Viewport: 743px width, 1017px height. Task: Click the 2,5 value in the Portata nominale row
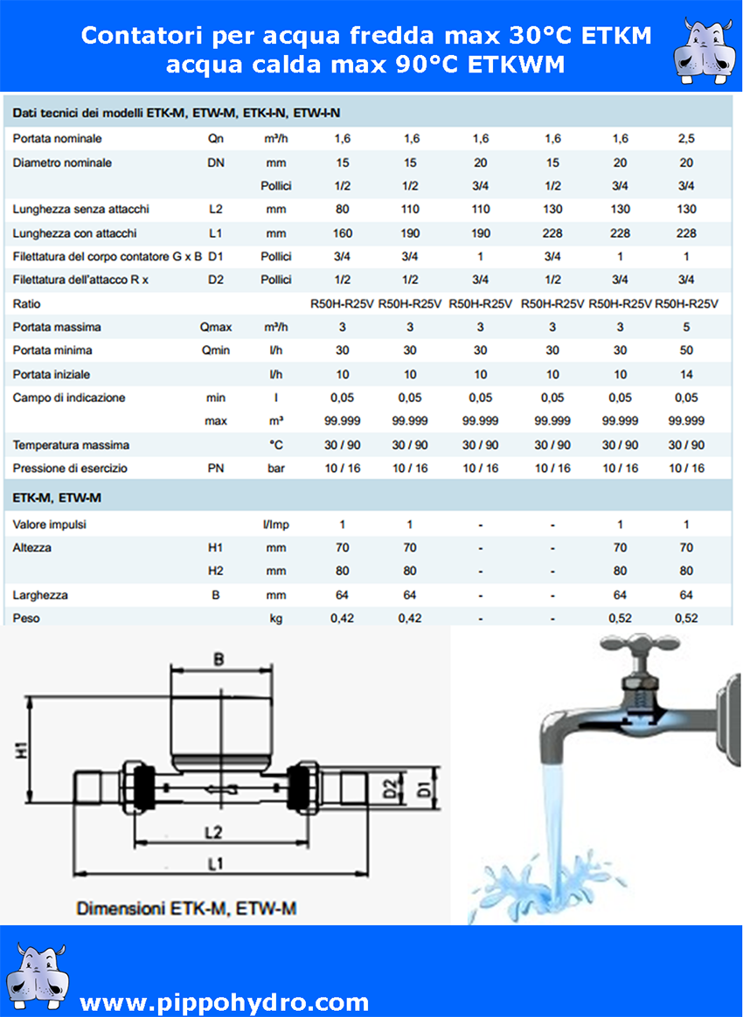pos(686,139)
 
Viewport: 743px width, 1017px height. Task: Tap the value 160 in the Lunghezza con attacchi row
pos(343,233)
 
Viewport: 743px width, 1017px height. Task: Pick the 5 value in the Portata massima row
pos(686,328)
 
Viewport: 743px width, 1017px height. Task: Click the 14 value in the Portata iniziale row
pos(686,375)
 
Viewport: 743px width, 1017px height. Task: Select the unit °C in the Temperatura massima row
pos(276,446)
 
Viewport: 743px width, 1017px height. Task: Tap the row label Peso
pos(26,619)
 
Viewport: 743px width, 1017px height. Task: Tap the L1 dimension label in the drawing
pos(216,864)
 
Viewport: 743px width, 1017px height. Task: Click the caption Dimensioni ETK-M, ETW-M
pos(186,909)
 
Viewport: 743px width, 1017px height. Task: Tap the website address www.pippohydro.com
pos(224,1001)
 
